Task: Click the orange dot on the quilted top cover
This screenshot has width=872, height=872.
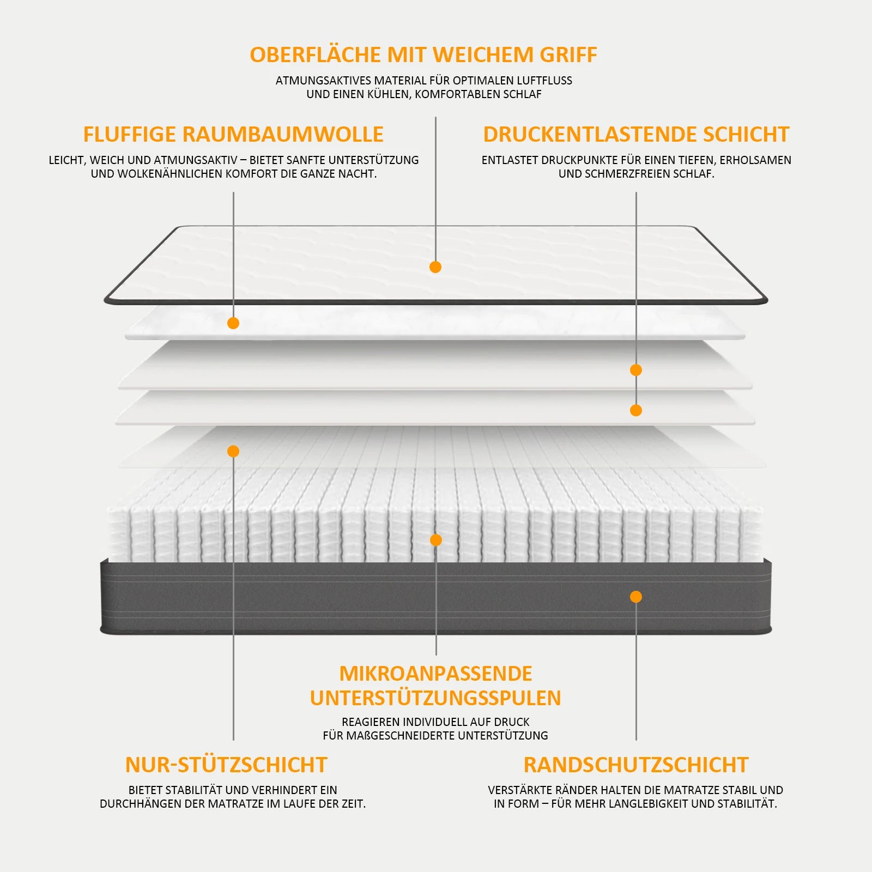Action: click(x=435, y=267)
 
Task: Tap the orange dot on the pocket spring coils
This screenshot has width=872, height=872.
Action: click(x=436, y=540)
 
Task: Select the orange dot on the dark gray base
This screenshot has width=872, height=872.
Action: click(x=636, y=597)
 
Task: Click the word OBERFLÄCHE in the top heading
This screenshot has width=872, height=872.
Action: click(x=316, y=55)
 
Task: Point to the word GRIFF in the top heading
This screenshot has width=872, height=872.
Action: click(x=568, y=55)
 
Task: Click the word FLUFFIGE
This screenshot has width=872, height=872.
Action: click(x=130, y=135)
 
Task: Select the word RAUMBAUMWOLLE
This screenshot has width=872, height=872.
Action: click(x=283, y=135)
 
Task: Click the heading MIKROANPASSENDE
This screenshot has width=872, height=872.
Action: click(x=436, y=674)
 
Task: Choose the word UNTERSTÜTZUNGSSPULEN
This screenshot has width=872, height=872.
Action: click(x=436, y=698)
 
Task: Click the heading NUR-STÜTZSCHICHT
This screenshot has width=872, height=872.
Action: click(x=226, y=765)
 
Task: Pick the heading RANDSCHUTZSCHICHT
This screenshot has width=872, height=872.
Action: click(x=636, y=765)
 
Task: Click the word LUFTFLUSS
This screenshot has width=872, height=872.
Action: click(x=544, y=81)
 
